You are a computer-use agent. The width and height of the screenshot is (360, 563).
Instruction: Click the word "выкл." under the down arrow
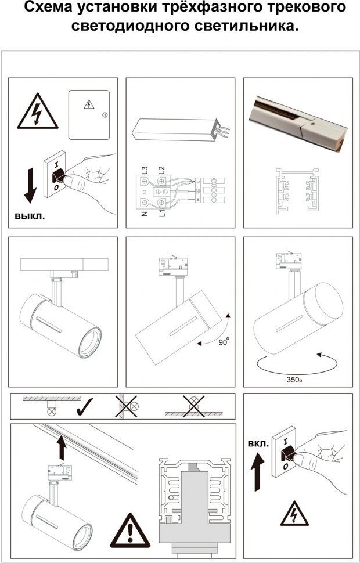[x=30, y=216]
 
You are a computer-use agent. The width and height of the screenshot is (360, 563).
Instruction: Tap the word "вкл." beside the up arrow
[x=258, y=444]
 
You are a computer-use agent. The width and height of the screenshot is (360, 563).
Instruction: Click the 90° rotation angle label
[x=224, y=342]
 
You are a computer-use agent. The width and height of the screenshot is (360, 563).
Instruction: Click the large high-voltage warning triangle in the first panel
[x=37, y=111]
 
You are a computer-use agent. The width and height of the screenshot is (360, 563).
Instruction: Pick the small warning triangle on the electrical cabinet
[x=89, y=104]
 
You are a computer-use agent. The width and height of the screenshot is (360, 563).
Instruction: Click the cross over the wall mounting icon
[x=126, y=406]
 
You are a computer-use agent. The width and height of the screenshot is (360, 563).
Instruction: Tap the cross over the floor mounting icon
[x=194, y=406]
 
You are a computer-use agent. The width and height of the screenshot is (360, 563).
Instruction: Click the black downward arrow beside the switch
[x=30, y=186]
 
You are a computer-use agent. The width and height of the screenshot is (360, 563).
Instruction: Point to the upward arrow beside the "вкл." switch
[x=257, y=472]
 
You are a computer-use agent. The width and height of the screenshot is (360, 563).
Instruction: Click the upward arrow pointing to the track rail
[x=62, y=447]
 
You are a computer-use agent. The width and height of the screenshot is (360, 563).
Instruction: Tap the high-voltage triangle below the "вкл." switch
[x=294, y=514]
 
